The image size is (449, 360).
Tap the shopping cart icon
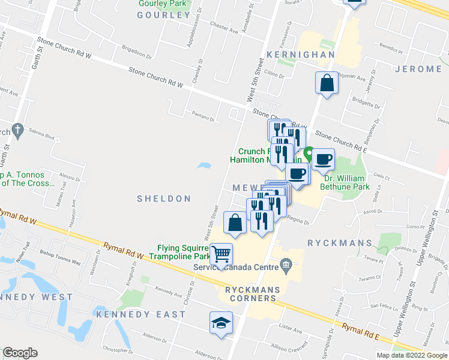[x=221, y=255]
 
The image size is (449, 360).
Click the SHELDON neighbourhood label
[x=164, y=199]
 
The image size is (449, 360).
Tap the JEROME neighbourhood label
[x=419, y=69]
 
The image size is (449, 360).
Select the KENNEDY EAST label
[x=140, y=314]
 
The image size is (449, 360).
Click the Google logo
[x=20, y=353]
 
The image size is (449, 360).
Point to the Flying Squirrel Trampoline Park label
[x=182, y=252]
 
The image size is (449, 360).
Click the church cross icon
[x=17, y=130]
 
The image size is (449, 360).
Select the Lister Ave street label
[x=291, y=329]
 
